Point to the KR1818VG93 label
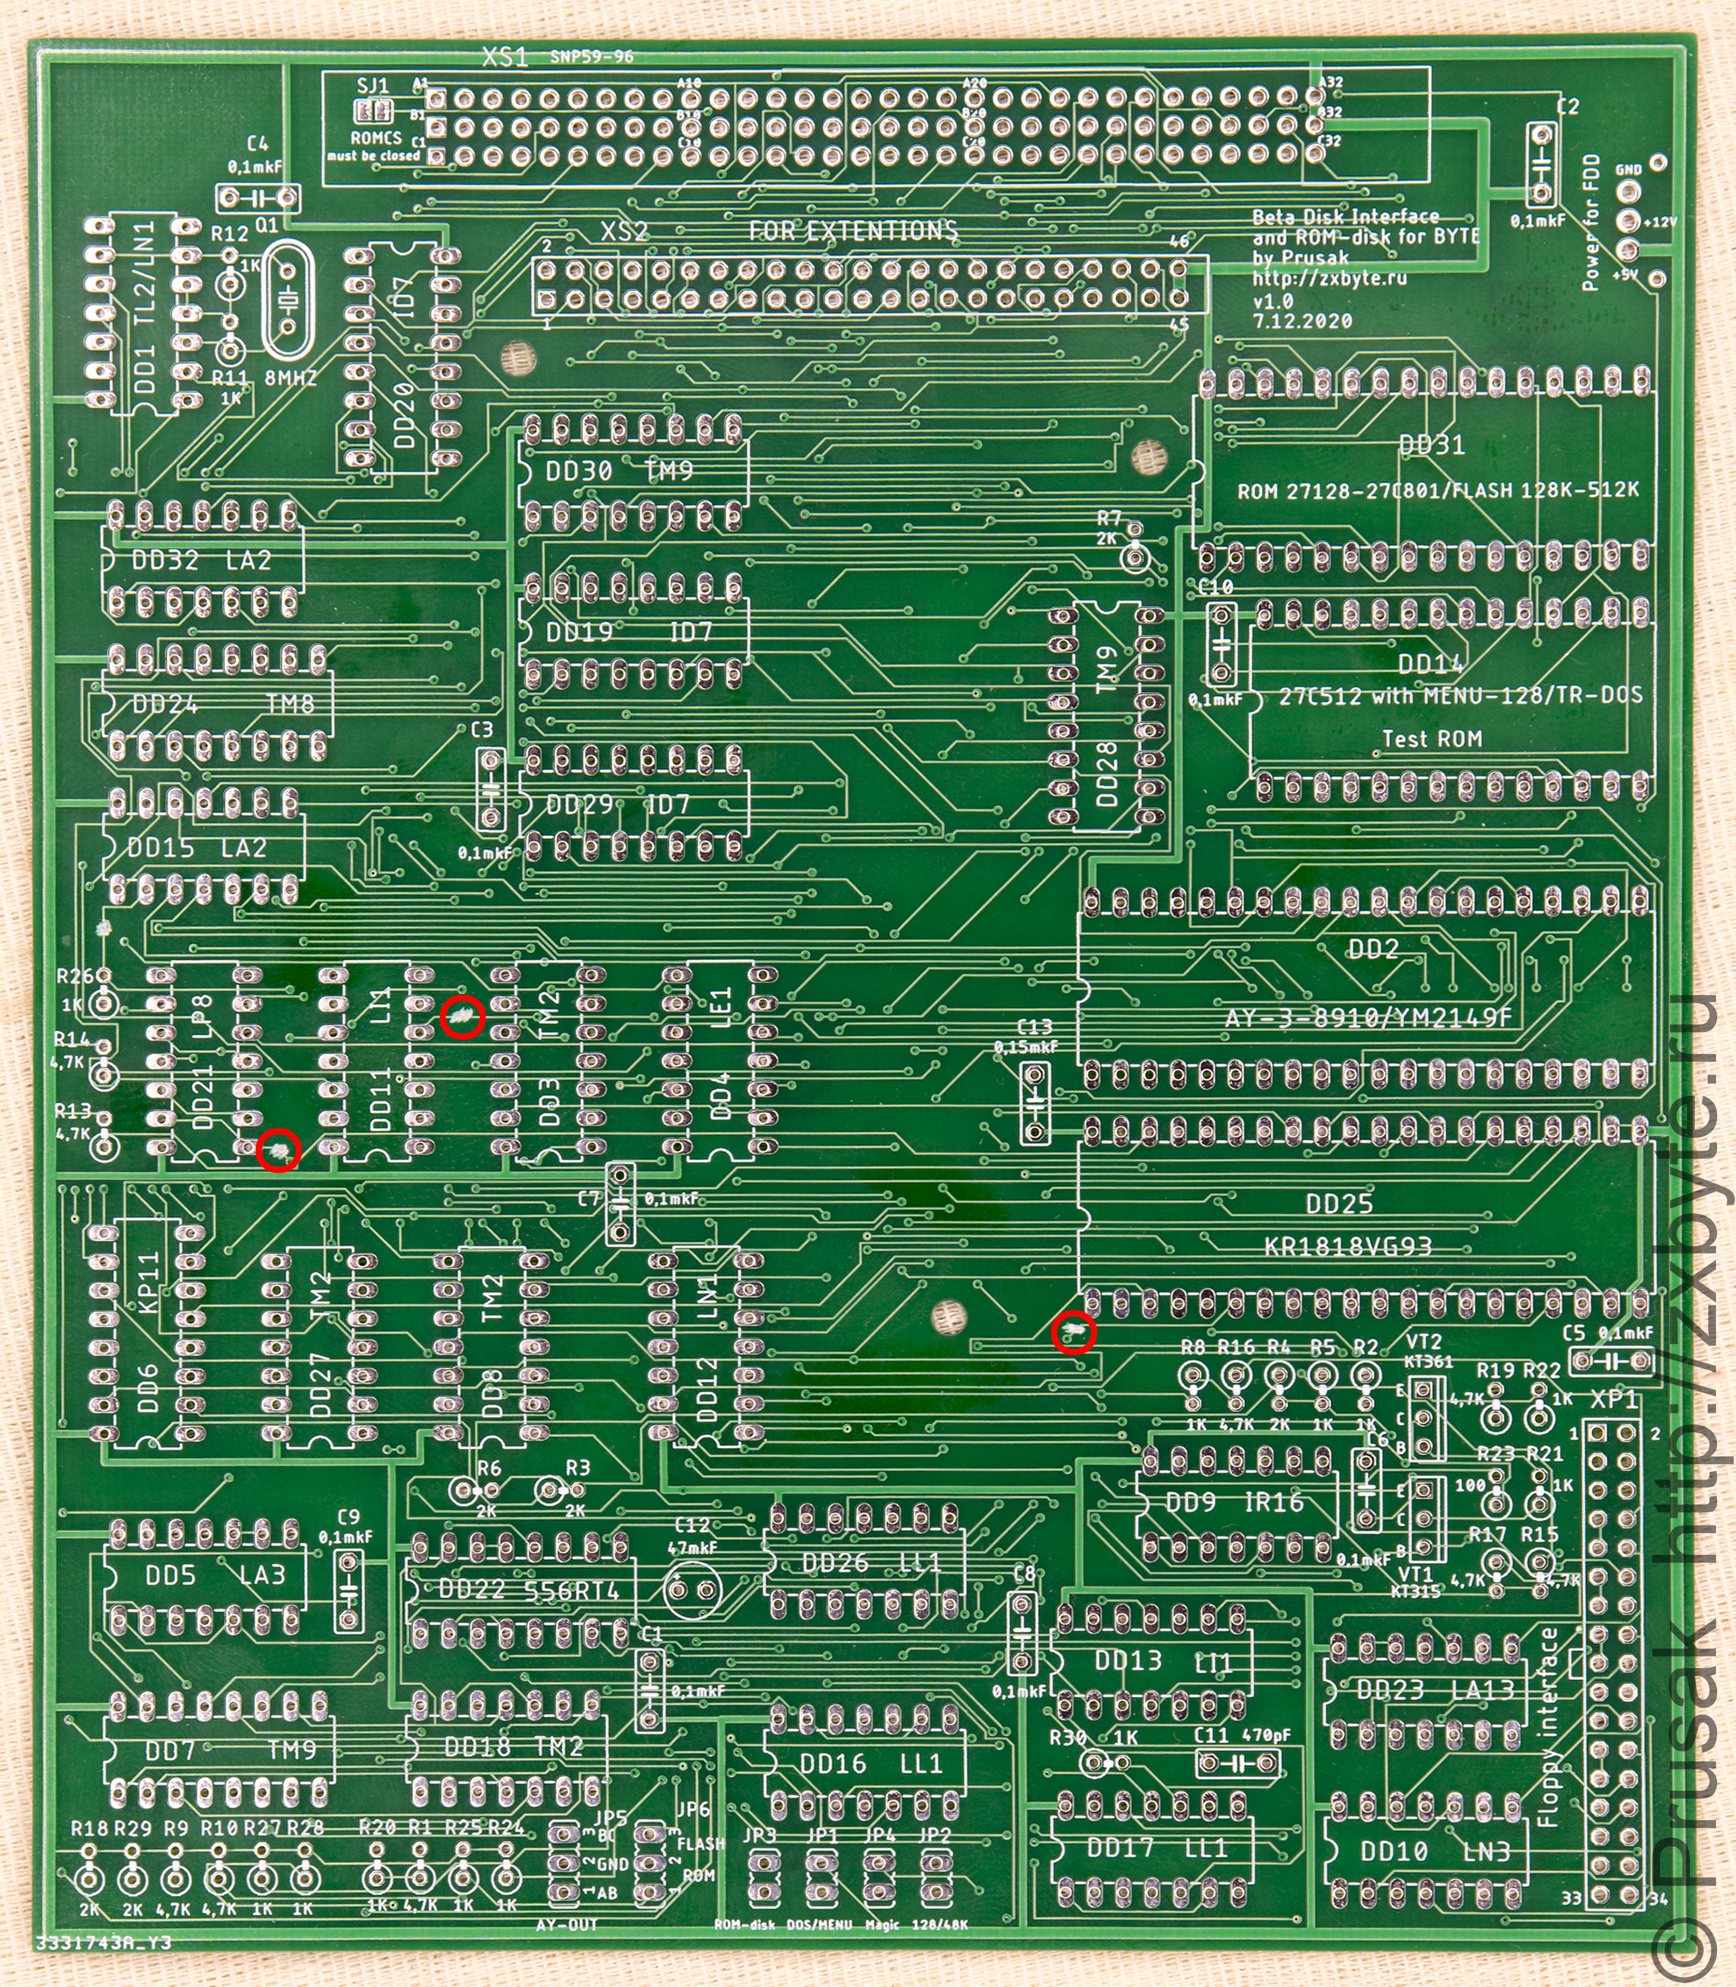point(1346,1246)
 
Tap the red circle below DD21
point(279,1150)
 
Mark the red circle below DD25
point(1073,1332)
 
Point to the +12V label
point(1659,222)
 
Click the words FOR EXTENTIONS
point(852,230)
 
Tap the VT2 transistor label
point(1423,1343)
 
